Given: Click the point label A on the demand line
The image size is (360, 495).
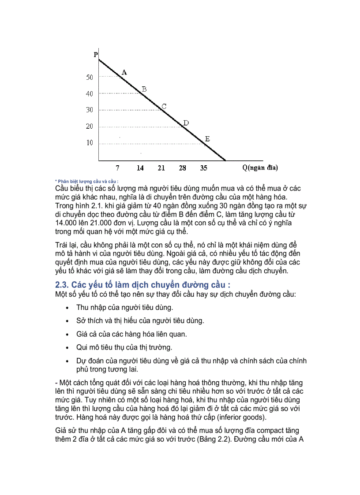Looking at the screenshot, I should point(124,72).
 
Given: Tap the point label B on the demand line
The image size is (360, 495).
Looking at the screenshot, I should point(144,89).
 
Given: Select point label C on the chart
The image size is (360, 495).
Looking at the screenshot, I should point(164,106).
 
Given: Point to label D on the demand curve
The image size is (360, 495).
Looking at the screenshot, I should point(186,123).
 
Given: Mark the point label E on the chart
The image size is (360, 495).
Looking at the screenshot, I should point(206,139).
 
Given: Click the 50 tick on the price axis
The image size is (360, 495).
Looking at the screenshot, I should point(90,77).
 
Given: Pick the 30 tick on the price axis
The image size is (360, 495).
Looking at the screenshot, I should point(90,110).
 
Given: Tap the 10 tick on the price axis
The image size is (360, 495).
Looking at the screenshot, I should point(90,143).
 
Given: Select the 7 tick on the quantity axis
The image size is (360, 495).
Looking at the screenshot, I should point(117,168).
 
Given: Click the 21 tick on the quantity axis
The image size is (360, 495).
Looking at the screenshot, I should point(161,168).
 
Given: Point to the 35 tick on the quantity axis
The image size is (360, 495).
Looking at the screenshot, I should point(203,168).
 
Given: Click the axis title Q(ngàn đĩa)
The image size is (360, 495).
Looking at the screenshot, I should point(260,168).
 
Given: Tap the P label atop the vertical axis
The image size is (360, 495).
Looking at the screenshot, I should point(96,55).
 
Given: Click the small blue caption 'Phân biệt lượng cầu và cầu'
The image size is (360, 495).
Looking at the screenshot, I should point(87,181).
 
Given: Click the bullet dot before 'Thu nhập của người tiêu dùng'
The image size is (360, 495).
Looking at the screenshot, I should point(67,308).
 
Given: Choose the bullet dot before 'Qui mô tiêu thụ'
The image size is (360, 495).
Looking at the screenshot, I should point(67,348).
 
